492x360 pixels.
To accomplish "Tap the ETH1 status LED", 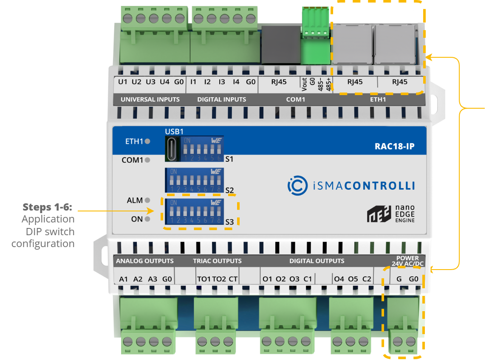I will coord(147,141).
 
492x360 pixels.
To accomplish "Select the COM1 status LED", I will coord(147,160).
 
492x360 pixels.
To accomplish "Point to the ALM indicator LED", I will coord(147,200).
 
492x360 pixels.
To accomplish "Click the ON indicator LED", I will coord(147,219).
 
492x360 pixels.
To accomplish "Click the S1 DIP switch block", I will coord(202,149).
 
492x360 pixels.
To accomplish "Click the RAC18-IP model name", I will coord(394,147).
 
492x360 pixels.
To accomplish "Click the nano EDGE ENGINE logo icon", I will coord(376,214).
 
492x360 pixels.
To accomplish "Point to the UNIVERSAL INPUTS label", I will coord(150,99).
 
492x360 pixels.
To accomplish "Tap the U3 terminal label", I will coord(150,82).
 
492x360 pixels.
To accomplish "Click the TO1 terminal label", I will coord(204,279).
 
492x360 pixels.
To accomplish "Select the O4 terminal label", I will coord(339,279).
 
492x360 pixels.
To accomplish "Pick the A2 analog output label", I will coord(138,279).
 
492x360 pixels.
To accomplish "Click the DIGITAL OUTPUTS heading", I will coord(317,261).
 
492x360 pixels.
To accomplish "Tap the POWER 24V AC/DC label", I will coord(407,261).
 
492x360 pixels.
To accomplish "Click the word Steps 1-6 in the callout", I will coord(47,207).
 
